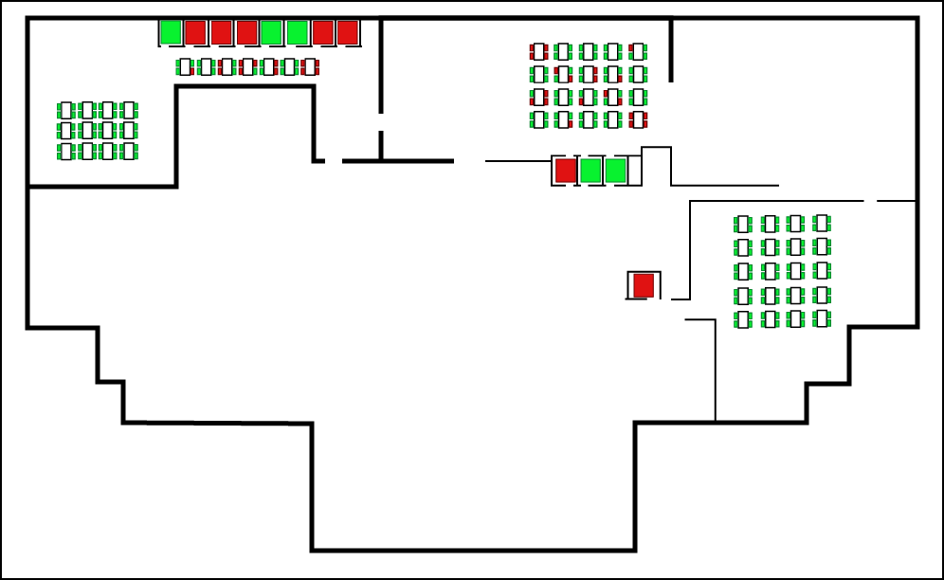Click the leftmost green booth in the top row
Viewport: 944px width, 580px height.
tap(171, 32)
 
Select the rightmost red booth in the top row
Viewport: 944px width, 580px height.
tap(348, 32)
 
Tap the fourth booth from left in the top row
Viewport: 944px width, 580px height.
tap(247, 32)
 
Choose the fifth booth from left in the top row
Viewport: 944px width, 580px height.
tap(272, 32)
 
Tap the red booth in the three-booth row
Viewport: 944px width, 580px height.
tap(566, 171)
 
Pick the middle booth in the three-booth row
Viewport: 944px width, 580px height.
tap(590, 171)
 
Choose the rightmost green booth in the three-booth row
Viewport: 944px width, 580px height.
tap(615, 171)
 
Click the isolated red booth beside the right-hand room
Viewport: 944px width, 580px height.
tap(644, 285)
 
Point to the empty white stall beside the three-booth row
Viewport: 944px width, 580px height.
tap(635, 171)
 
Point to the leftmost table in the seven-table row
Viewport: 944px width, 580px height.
tap(185, 67)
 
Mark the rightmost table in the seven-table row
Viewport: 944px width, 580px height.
tap(310, 67)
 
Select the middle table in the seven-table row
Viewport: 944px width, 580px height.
tap(247, 67)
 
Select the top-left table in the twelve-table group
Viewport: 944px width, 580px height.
tap(66, 111)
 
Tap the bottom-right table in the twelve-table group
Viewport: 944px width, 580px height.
tap(129, 151)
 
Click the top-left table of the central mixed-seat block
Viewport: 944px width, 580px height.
tap(539, 51)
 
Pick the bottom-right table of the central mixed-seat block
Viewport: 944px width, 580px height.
tap(638, 120)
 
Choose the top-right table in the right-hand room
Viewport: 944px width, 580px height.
tap(822, 224)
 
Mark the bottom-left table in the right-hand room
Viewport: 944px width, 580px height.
tap(743, 319)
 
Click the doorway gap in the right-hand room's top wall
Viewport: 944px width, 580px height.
tap(870, 201)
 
